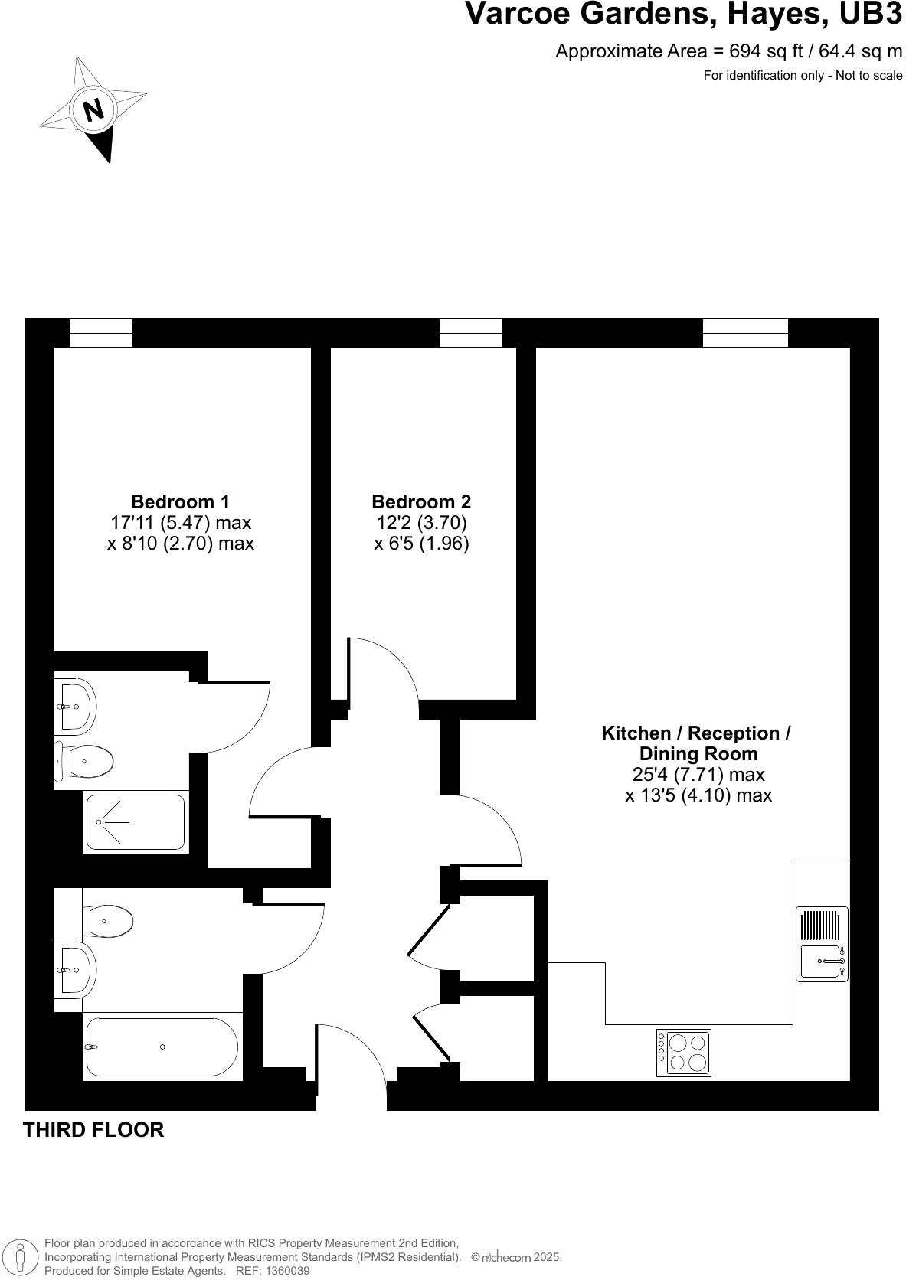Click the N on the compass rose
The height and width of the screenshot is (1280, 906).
coord(93,109)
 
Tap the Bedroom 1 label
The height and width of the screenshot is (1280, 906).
coord(180,502)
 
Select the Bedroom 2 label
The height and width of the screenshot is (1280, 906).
coord(421,502)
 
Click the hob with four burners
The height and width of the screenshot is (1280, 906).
coord(683,1053)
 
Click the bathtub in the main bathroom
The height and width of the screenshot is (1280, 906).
coord(162,1047)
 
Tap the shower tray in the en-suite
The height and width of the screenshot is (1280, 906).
coord(136,822)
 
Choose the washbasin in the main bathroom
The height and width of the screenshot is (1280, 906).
coord(74,970)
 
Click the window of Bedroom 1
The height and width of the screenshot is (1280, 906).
coord(101,333)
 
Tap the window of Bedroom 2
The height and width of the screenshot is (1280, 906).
coord(470,333)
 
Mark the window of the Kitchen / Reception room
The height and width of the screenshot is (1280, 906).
coord(745,333)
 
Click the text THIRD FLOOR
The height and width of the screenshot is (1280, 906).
coord(93,1130)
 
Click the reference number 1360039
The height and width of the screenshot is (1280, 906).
coord(284,1271)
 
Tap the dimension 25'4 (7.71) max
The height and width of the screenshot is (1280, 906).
coord(698,775)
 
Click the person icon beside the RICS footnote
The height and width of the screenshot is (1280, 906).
coord(21,1257)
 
